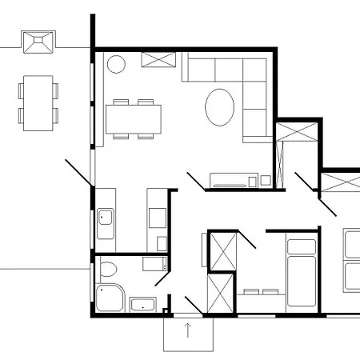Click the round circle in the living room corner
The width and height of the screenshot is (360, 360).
(115, 63)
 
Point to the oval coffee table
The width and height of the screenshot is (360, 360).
(220, 107)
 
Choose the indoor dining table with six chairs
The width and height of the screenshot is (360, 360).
(134, 120)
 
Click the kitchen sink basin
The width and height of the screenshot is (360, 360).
(106, 217)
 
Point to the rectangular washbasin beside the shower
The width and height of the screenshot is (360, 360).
(144, 305)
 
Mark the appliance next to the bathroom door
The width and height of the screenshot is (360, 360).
(154, 264)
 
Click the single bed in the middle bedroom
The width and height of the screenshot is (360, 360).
(301, 273)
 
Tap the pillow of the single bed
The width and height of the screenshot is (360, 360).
(301, 246)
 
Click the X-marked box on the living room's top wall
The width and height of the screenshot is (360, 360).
(159, 60)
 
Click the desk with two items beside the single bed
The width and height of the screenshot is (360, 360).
(262, 294)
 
